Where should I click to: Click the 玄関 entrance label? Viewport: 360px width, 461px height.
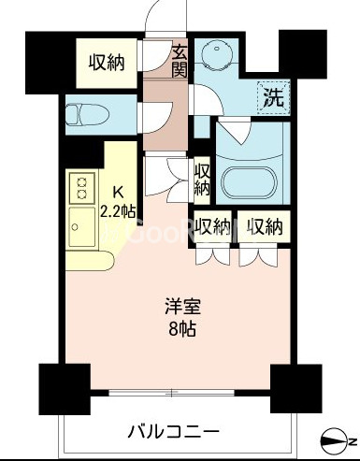[x=180, y=62]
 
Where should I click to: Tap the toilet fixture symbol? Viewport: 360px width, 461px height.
[x=88, y=115]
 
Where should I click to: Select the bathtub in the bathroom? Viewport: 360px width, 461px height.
[x=250, y=183]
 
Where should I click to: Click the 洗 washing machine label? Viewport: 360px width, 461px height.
[x=274, y=97]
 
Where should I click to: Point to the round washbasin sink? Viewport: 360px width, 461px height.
[x=217, y=51]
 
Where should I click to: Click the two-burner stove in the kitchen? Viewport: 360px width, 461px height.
[x=82, y=187]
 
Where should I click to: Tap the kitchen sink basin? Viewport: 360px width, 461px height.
[x=82, y=226]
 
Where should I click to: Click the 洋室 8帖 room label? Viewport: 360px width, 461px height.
[x=182, y=317]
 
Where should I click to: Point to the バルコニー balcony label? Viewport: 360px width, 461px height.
[x=174, y=432]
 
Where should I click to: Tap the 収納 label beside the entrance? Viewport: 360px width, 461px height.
[x=107, y=63]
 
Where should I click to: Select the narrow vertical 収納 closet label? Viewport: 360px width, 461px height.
[x=201, y=180]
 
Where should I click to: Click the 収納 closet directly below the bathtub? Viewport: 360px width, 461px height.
[x=265, y=226]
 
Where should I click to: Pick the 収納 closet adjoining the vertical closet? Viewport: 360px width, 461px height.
[x=212, y=226]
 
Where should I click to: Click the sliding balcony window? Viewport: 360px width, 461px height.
[x=171, y=392]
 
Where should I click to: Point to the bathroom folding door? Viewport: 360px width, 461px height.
[x=234, y=131]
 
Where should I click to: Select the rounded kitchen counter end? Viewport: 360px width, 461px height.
[x=91, y=261]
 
